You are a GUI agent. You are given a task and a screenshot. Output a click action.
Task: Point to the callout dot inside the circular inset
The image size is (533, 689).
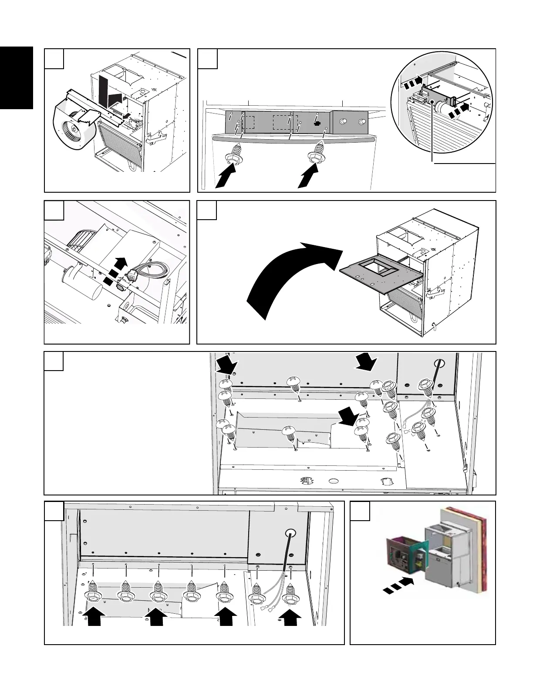pyautogui.click(x=433, y=103)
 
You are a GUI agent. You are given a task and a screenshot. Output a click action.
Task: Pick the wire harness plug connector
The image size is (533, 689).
pyautogui.click(x=131, y=275)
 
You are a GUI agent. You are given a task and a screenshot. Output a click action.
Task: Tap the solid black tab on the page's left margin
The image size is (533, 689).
pyautogui.click(x=17, y=78)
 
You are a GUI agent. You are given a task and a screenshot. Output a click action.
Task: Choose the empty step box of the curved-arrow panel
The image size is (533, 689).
pyautogui.click(x=207, y=210)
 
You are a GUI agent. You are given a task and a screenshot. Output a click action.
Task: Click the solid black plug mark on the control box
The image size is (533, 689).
pyautogui.click(x=317, y=124)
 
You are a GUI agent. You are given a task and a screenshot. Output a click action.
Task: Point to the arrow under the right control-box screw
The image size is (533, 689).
pyautogui.click(x=308, y=177)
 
